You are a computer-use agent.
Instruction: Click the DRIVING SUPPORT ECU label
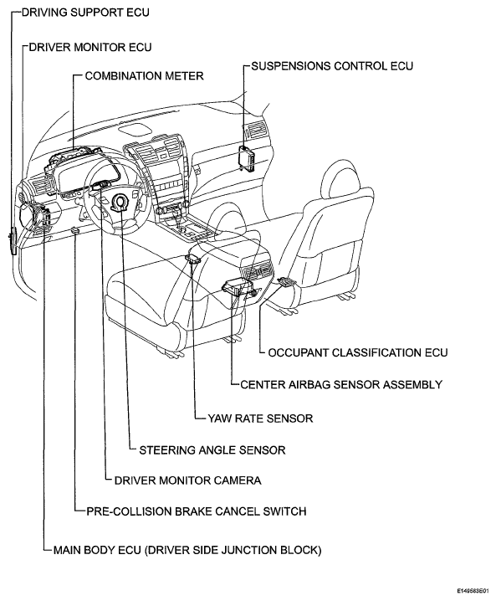point(85,13)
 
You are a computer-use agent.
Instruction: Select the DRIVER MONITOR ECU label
point(90,47)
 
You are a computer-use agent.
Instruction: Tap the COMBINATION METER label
point(144,76)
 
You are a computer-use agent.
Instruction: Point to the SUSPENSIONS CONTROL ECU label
point(332,66)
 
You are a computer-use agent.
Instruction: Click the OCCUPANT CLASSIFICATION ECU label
point(358,352)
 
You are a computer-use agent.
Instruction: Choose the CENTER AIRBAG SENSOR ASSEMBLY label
point(341,384)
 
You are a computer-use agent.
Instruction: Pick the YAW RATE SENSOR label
point(260,418)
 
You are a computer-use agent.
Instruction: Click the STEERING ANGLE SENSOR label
point(212,449)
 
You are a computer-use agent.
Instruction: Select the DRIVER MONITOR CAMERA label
point(187,480)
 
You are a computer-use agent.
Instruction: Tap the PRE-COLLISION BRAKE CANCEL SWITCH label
point(196,511)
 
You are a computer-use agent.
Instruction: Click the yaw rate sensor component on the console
point(192,259)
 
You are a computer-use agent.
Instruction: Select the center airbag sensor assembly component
point(238,288)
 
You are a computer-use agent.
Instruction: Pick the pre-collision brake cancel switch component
point(75,230)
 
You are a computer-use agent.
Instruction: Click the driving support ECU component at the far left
point(13,240)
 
